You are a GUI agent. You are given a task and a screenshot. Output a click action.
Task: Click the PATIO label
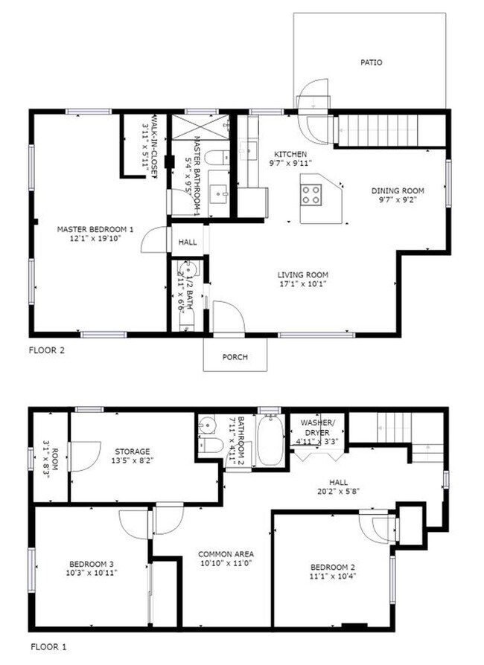coord(371,62)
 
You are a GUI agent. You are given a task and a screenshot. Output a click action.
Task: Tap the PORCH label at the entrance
coord(235,357)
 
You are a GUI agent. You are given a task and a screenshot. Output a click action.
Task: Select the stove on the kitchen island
coord(311,193)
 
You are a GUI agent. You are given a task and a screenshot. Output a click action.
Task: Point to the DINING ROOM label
coord(398,190)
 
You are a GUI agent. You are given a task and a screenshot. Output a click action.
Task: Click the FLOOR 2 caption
coord(47,350)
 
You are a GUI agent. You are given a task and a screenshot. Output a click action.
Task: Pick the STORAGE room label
coord(133,452)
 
